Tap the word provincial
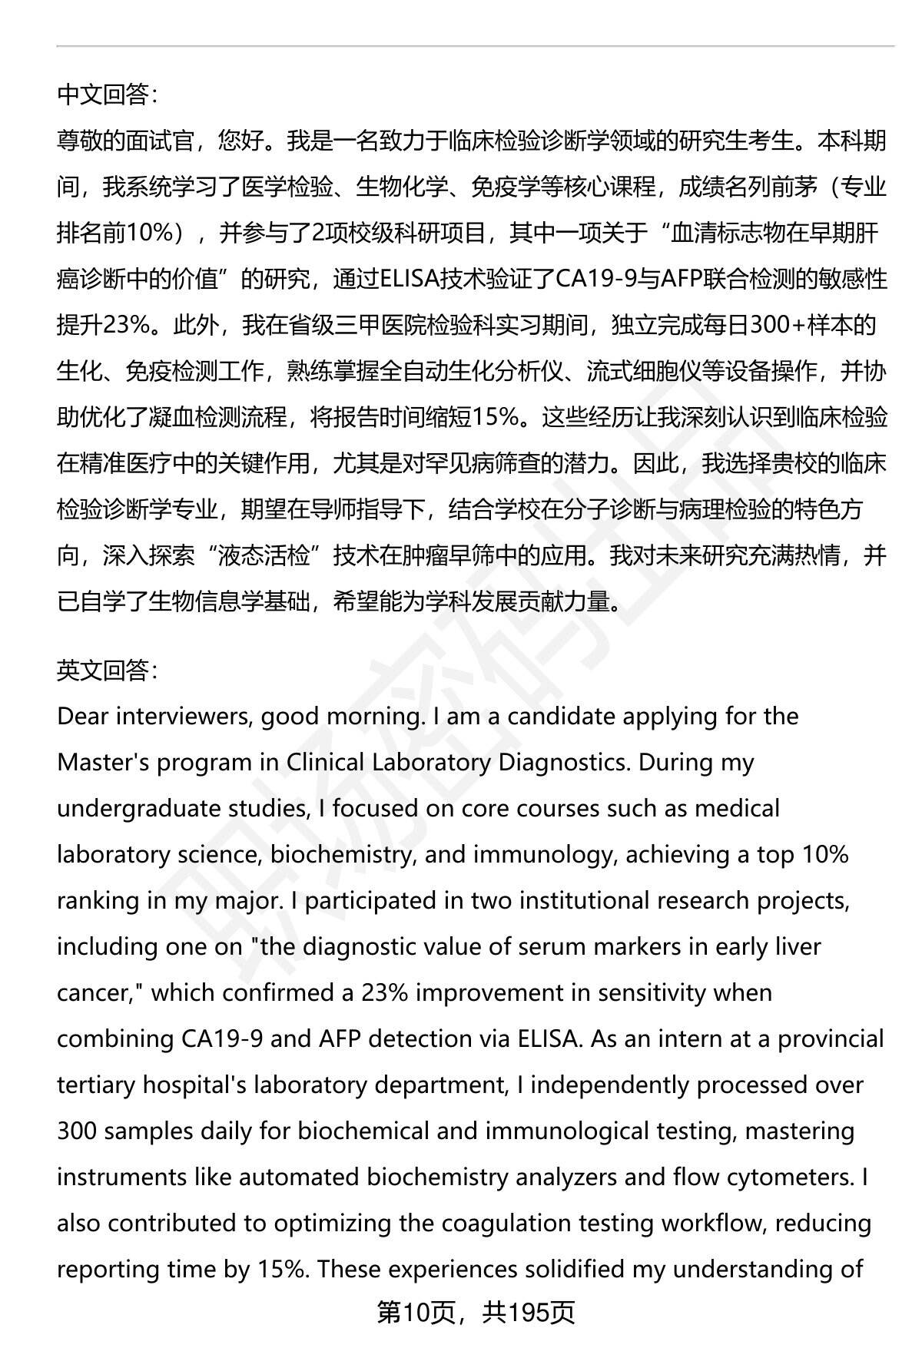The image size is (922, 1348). pos(831,1039)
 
